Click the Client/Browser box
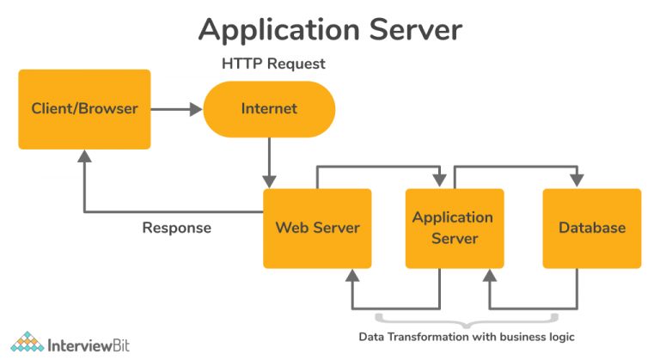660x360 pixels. [84, 109]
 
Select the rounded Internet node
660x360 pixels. [269, 109]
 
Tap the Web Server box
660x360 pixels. [317, 229]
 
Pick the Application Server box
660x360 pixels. [453, 229]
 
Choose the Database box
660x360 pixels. [592, 229]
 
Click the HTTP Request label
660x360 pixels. [273, 64]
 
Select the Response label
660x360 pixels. [176, 229]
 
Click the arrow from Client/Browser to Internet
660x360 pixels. [176, 109]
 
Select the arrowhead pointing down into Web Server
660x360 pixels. [270, 180]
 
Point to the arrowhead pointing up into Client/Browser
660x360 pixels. [84, 157]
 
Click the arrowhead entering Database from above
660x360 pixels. [576, 180]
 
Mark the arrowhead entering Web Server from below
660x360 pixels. [351, 277]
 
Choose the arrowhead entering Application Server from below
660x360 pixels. [490, 277]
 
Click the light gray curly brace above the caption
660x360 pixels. [465, 323]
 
